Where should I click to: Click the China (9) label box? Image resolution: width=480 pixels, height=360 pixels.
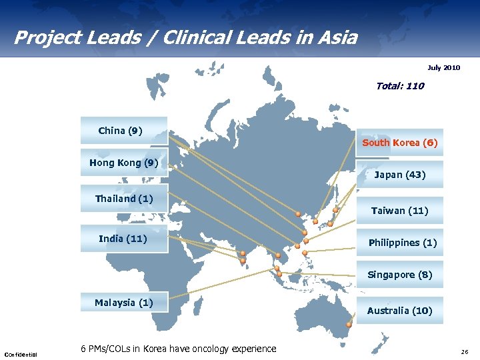pyautogui.click(x=123, y=131)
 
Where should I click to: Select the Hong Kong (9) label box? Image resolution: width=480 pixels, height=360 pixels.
pyautogui.click(x=123, y=163)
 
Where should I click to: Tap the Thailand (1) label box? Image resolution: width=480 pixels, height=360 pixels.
pyautogui.click(x=123, y=199)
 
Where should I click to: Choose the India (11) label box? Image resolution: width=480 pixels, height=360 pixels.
pyautogui.click(x=123, y=238)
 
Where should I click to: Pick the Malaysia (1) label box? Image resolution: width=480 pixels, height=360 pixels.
pyautogui.click(x=123, y=303)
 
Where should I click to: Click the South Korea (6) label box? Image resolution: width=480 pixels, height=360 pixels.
pyautogui.click(x=399, y=143)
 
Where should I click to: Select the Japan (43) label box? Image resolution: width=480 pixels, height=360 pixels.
pyautogui.click(x=399, y=175)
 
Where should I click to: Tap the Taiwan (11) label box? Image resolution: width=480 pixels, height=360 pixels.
pyautogui.click(x=399, y=211)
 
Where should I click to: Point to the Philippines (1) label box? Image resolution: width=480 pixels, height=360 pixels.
pyautogui.click(x=402, y=243)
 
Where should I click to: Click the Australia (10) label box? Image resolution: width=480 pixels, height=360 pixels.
pyautogui.click(x=399, y=311)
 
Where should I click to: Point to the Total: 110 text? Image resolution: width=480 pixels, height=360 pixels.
pyautogui.click(x=399, y=86)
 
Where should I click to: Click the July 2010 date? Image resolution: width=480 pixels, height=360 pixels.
pyautogui.click(x=443, y=68)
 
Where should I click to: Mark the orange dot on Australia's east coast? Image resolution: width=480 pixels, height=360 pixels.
pyautogui.click(x=348, y=325)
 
